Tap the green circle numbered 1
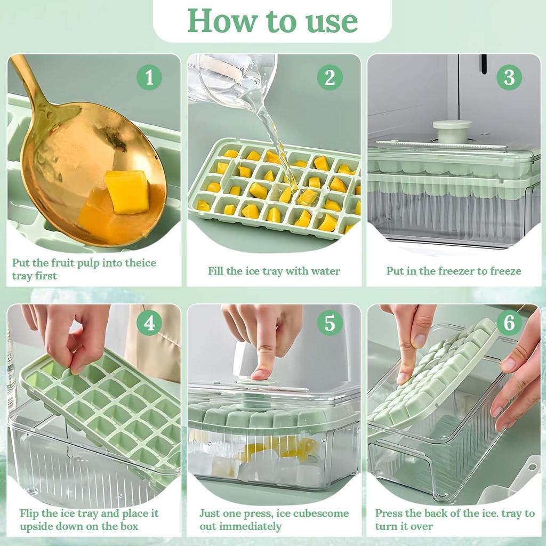click(149, 78)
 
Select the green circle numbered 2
click(330, 78)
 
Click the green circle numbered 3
click(509, 78)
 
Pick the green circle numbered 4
click(149, 323)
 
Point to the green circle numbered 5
click(330, 323)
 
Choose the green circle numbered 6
click(509, 323)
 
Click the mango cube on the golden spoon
click(127, 192)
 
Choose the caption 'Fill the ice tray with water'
click(274, 271)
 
